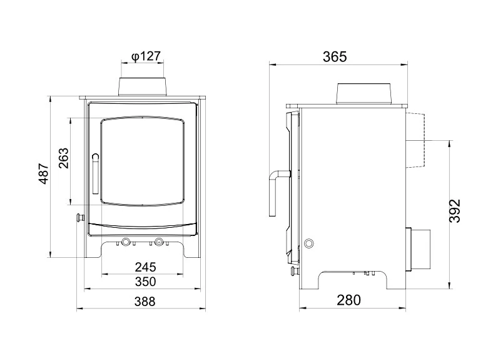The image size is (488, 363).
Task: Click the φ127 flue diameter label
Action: coord(146,57)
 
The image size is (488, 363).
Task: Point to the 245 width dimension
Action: coord(145,267)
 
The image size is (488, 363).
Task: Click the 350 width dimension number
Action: coord(145,282)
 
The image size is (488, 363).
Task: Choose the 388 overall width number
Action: coord(145,302)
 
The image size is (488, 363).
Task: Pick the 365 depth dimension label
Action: coord(335,57)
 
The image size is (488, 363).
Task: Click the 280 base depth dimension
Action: coord(349,300)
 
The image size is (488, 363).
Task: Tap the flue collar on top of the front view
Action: coord(143,86)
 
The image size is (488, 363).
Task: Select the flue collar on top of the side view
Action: coord(365,93)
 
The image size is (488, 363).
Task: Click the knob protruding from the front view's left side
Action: coord(80,218)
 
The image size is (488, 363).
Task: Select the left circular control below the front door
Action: coord(126,242)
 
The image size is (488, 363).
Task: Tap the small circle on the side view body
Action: coord(307,243)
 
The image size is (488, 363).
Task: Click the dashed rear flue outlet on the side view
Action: coord(417,141)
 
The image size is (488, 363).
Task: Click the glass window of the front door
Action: coord(143,161)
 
